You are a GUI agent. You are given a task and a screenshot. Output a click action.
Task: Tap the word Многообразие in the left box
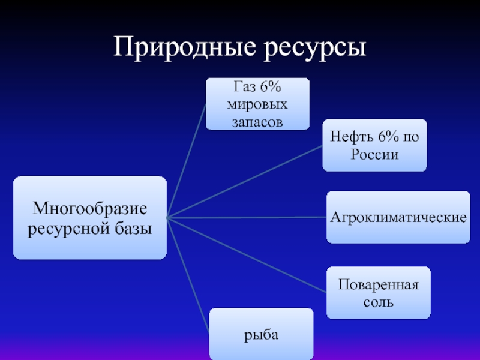click(90, 209)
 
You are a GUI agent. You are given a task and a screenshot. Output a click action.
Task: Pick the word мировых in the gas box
click(257, 104)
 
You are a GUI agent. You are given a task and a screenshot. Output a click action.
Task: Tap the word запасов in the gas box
click(257, 122)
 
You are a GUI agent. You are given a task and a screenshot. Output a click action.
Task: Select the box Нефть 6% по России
click(374, 145)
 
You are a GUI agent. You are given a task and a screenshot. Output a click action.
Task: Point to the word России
click(374, 154)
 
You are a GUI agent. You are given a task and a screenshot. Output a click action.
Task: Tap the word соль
click(379, 302)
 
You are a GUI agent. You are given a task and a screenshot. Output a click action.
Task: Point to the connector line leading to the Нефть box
click(246, 182)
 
